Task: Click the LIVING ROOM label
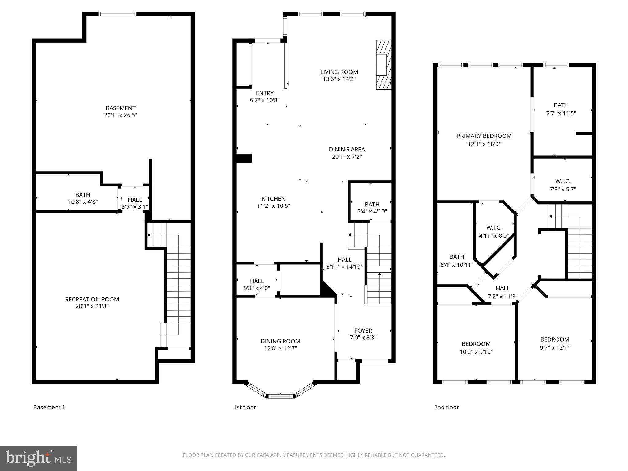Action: click(339, 72)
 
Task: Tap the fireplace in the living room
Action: click(384, 65)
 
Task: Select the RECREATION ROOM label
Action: click(92, 299)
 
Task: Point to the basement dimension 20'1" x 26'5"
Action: click(121, 115)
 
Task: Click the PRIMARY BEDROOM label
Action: click(484, 136)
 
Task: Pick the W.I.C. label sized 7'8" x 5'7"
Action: click(562, 182)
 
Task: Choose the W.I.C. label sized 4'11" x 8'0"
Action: click(494, 228)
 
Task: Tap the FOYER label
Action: click(363, 331)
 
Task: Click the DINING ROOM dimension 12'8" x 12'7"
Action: click(280, 348)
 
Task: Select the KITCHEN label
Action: click(274, 199)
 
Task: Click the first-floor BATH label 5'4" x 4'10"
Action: click(372, 205)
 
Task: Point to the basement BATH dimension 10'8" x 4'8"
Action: click(83, 202)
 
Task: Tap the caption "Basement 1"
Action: click(49, 407)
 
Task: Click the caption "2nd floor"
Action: click(446, 407)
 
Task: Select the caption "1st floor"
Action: click(244, 407)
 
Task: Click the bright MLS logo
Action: click(38, 458)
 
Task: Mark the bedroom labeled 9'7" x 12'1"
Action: click(554, 339)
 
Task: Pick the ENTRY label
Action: click(265, 93)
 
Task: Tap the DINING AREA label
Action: click(347, 150)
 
